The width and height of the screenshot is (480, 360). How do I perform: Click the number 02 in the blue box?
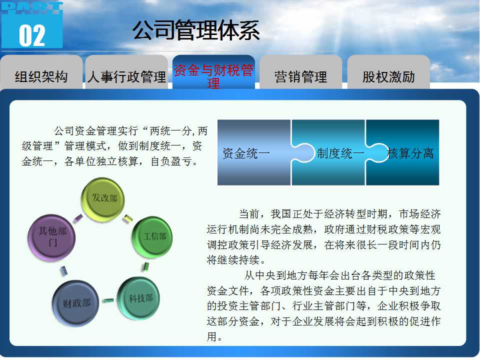pos(32,36)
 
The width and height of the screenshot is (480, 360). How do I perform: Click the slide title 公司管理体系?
pos(196,30)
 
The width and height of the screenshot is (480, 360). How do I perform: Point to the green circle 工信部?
pos(152,236)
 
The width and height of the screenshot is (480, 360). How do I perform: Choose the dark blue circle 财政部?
pos(75,303)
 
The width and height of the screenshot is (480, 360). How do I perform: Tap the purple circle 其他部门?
pos(51,237)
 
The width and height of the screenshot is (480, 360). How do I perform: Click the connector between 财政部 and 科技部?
pos(108,300)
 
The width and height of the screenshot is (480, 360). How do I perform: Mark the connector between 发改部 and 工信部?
pos(128,218)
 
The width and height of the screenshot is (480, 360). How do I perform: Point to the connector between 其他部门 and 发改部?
pos(78,217)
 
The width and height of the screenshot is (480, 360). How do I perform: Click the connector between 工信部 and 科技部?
pos(145,266)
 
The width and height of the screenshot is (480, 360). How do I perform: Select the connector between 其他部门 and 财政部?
pos(63,271)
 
